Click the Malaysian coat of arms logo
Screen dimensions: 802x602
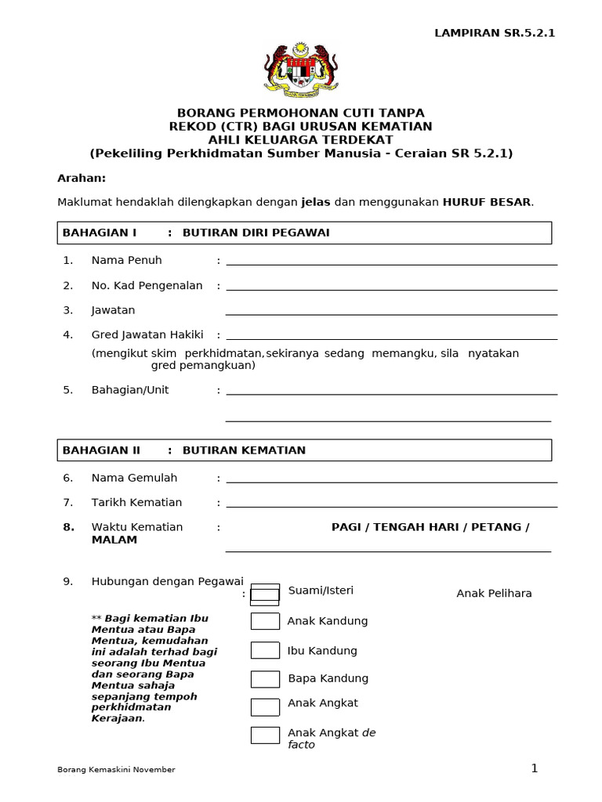tap(301, 70)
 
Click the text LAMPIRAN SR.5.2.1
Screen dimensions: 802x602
tap(495, 33)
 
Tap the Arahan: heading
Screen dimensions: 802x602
tap(82, 178)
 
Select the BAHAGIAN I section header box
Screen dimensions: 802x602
tap(304, 233)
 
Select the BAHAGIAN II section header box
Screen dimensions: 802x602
tap(304, 450)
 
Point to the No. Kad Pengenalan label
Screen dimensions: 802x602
tap(147, 286)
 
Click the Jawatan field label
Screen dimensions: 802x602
tap(113, 310)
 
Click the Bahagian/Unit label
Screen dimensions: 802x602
tap(130, 390)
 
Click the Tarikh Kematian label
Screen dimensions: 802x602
tap(136, 503)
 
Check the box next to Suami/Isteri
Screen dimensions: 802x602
tap(265, 594)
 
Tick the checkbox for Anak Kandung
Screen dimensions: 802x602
tap(265, 621)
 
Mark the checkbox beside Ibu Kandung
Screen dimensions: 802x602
tap(265, 650)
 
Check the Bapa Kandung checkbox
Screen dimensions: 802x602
tap(265, 679)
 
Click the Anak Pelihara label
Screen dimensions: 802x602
tap(494, 594)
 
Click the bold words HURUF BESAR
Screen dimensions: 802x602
tap(487, 202)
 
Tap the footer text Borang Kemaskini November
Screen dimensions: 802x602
tap(116, 770)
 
